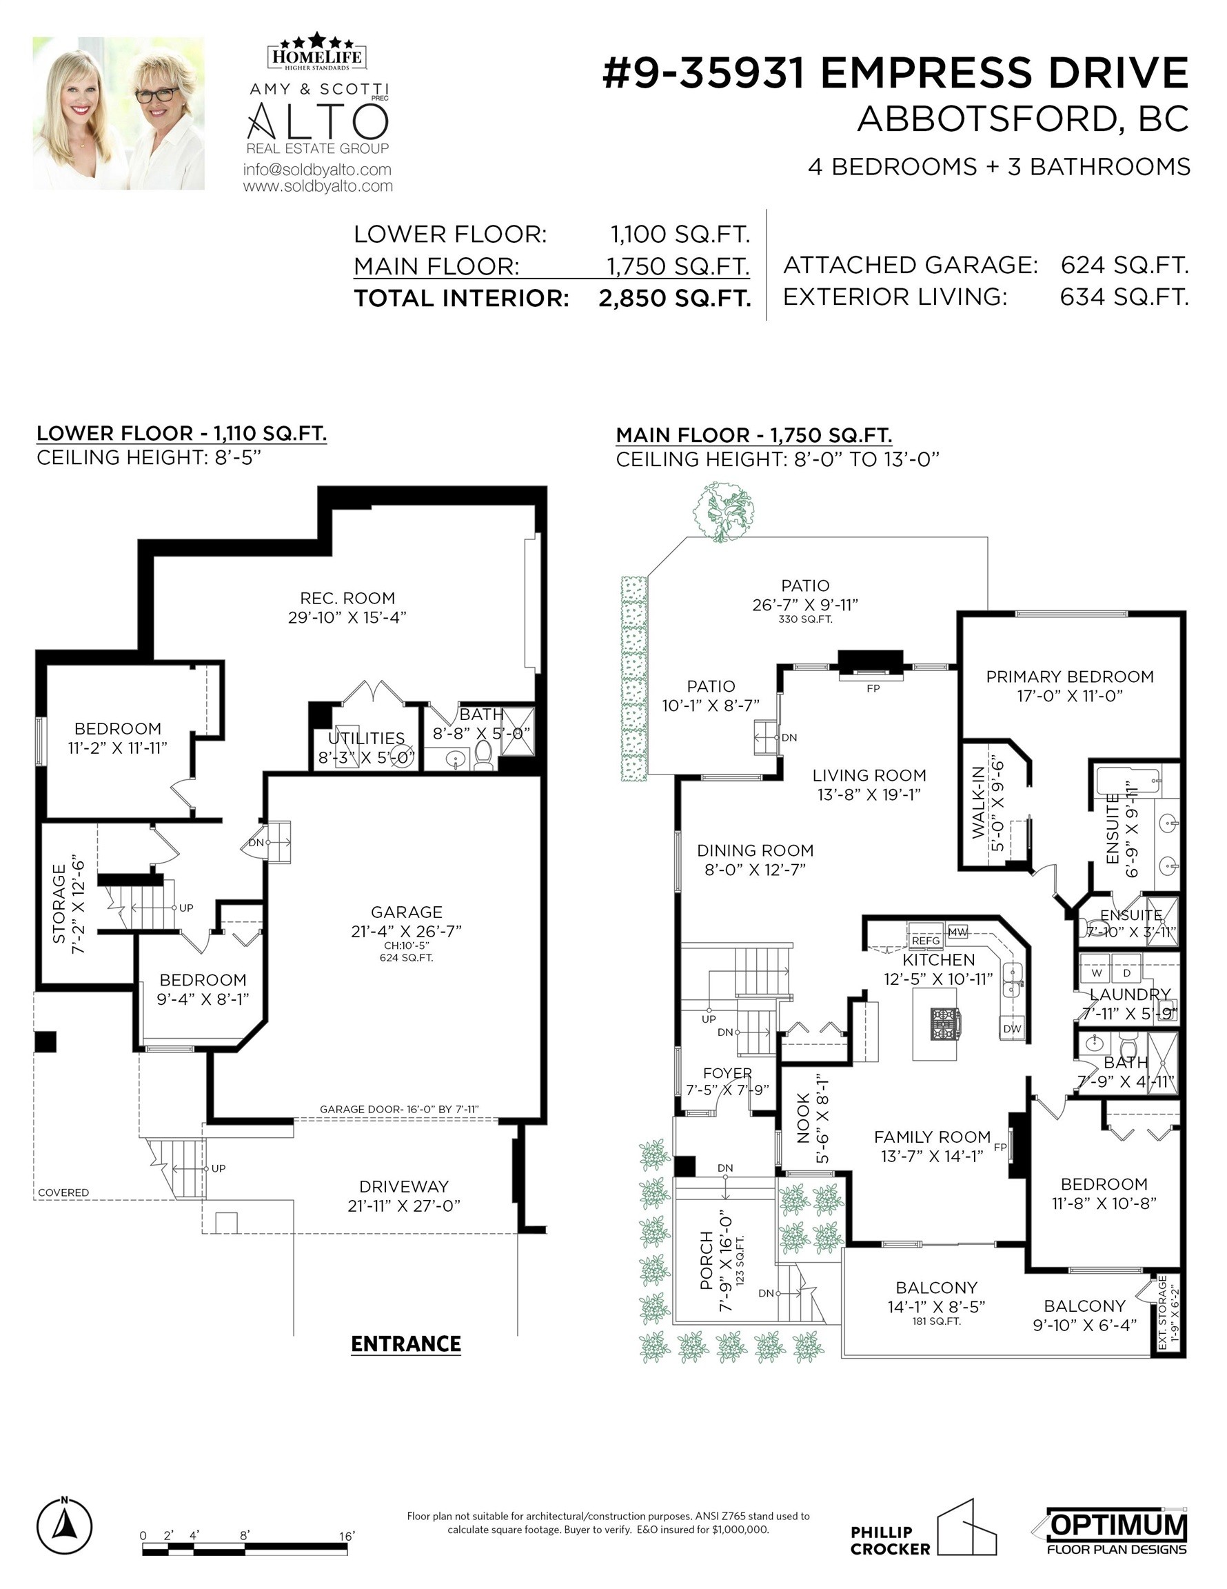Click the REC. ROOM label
tap(347, 598)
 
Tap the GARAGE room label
tap(407, 912)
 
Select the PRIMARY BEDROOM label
tap(1070, 677)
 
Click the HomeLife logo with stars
tap(318, 52)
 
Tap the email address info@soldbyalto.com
tap(317, 170)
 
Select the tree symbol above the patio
tap(723, 512)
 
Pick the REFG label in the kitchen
tap(926, 941)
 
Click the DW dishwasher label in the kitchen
tap(1013, 1029)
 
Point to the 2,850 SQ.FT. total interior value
tap(675, 299)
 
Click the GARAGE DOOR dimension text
tap(399, 1109)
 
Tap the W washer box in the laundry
tap(1096, 972)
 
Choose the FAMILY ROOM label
tap(933, 1137)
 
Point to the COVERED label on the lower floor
tap(63, 1192)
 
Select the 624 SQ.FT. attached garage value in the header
tap(1124, 265)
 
